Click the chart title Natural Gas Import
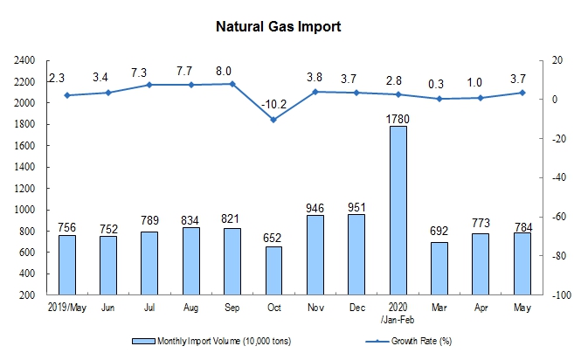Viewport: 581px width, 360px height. [x=278, y=26]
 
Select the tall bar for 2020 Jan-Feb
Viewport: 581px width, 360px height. [x=398, y=211]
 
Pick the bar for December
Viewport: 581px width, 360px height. [x=356, y=255]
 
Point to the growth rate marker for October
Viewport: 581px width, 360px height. [x=273, y=120]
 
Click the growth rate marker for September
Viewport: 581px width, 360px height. [x=232, y=84]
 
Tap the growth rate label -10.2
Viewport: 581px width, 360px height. [x=274, y=104]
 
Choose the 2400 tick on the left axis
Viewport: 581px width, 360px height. [x=24, y=60]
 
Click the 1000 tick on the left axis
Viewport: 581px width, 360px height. [x=24, y=211]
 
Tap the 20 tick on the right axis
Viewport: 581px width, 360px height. [x=554, y=60]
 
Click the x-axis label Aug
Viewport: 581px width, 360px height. [x=191, y=308]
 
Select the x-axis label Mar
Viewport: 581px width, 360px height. [x=439, y=308]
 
